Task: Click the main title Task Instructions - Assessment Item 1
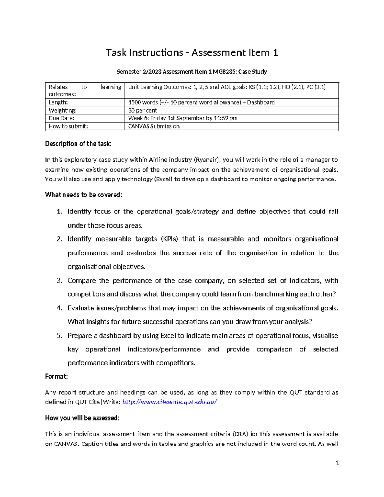coord(192,52)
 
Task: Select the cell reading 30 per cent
coord(142,110)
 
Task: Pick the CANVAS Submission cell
coord(154,126)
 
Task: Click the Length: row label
coord(58,102)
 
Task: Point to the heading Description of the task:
coord(78,144)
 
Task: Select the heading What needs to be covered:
coord(84,195)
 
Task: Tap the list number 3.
coord(59,281)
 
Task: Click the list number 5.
coord(59,336)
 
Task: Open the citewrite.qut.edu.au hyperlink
coord(170,402)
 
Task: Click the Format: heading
coord(56,376)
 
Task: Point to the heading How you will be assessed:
coord(82,418)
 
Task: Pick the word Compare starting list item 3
coord(82,281)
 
